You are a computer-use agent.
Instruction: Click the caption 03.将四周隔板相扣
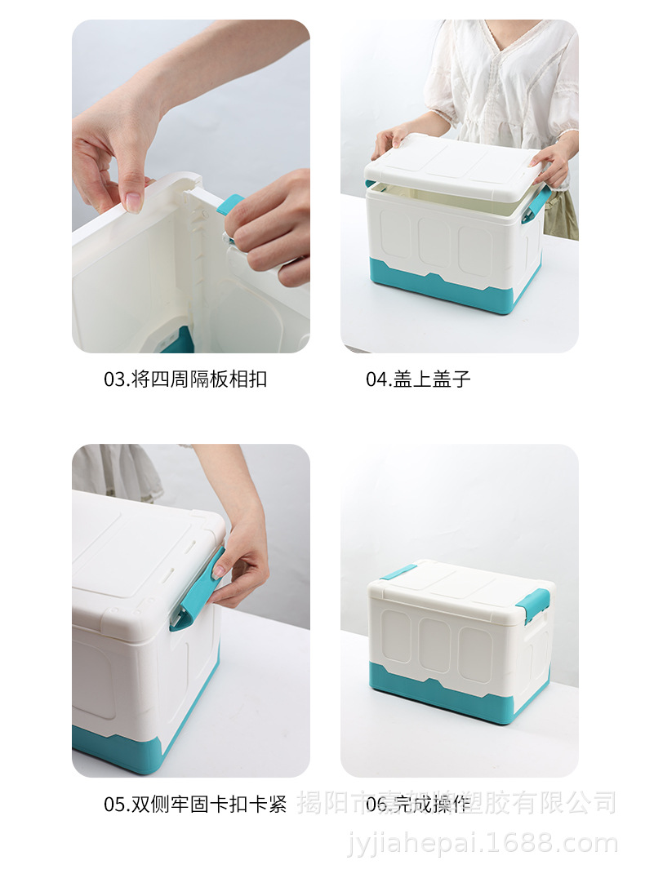click(185, 379)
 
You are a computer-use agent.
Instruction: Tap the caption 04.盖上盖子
click(418, 379)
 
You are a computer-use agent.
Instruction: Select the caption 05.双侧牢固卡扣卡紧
click(195, 804)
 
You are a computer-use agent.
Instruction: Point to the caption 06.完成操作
click(418, 805)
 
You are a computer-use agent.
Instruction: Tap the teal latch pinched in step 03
click(229, 204)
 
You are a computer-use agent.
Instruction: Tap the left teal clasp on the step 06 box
click(398, 572)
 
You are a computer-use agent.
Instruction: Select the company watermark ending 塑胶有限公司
click(457, 804)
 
